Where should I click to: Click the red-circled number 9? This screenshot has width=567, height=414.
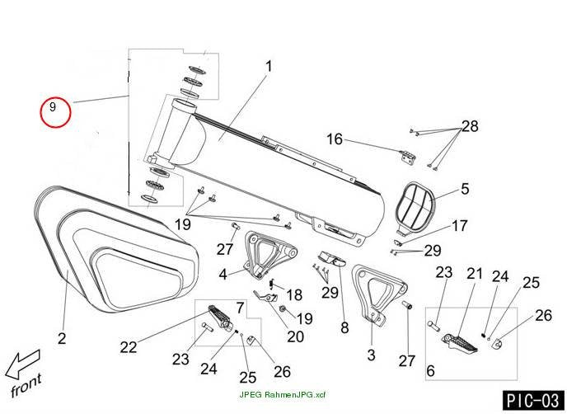(53, 107)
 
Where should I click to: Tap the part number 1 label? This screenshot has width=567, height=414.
(269, 67)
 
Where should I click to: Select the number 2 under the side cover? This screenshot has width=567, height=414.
(62, 338)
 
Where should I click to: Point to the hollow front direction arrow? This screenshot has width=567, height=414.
(21, 364)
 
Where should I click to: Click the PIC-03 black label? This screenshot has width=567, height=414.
(533, 401)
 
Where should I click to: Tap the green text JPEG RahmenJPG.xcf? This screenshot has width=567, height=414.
(283, 394)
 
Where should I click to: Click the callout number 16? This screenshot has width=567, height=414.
(335, 139)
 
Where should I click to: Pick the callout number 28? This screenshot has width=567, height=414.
(470, 126)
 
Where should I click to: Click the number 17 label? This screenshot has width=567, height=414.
(460, 226)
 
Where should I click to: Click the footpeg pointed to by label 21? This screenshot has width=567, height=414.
(460, 343)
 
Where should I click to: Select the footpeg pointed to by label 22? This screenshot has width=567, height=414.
(220, 318)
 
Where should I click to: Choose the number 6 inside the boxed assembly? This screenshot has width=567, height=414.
(430, 371)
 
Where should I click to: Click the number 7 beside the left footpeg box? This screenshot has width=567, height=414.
(241, 308)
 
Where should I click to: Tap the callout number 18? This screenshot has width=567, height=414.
(294, 295)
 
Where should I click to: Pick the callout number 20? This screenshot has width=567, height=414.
(295, 337)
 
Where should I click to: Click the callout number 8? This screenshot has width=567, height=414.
(344, 328)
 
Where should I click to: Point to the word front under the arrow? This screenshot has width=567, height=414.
(26, 386)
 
